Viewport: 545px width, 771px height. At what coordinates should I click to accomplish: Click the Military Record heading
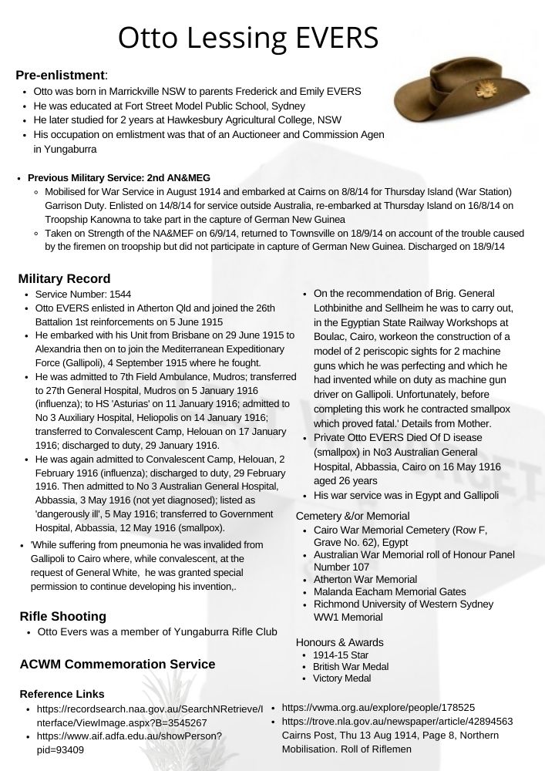[x=64, y=278]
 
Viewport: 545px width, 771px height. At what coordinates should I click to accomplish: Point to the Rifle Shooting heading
[x=62, y=615]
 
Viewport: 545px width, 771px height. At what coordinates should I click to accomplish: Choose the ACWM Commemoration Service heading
[x=117, y=664]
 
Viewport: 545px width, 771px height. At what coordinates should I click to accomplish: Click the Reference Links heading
[x=62, y=694]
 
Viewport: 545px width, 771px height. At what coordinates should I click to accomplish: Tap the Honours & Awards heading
[x=340, y=642]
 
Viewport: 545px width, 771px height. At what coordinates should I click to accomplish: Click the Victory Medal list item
[x=341, y=678]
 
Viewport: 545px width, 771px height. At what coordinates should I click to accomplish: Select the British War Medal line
[x=351, y=666]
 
